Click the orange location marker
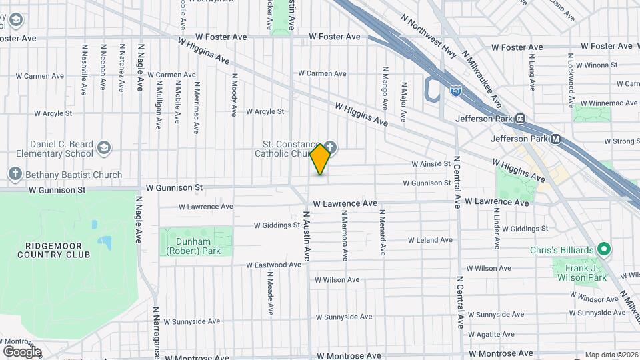[x=320, y=159]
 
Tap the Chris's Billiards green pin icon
[x=604, y=250]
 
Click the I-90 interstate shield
[x=455, y=92]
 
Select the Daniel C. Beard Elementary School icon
[x=103, y=147]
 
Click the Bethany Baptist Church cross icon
[x=15, y=175]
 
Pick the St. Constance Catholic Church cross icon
[x=329, y=147]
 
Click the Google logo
[x=21, y=351]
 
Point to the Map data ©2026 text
[x=610, y=355]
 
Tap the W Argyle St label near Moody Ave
[x=265, y=111]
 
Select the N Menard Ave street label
[x=383, y=233]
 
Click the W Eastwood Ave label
[x=273, y=265]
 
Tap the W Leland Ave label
[x=430, y=239]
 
